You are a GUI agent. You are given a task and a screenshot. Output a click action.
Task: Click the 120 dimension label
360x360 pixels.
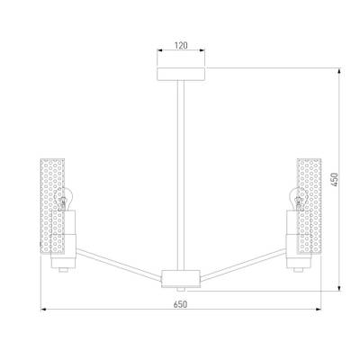point(181,45)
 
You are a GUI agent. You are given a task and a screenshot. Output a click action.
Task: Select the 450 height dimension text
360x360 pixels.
point(335,179)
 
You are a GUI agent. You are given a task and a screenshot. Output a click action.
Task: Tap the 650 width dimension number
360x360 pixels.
point(180,304)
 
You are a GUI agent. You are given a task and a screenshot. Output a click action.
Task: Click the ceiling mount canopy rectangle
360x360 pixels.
point(181,74)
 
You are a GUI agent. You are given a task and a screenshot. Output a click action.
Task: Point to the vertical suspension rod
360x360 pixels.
point(181,175)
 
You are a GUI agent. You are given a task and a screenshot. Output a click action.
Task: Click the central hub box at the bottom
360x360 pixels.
point(181,279)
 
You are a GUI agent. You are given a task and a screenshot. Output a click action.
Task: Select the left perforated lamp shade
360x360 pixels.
point(53,206)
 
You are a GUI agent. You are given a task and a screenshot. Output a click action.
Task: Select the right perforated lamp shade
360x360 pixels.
point(309,206)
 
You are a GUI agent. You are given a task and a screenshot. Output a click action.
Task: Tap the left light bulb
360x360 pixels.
point(63,199)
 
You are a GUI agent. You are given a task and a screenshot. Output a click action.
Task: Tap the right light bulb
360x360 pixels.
point(296,199)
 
